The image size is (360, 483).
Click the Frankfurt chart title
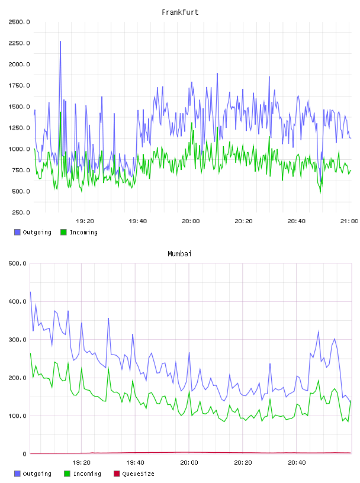tap(180, 12)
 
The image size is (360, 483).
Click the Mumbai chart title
tap(179, 254)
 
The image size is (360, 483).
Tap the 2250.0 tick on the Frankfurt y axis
tap(19, 43)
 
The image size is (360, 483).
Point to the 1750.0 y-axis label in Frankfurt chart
tap(19, 86)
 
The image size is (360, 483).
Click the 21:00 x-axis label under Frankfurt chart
tap(349, 221)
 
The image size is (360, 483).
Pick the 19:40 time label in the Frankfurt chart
tap(138, 221)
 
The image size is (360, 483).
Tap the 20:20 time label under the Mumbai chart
tap(243, 463)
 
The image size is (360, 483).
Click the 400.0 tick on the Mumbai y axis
tap(17, 301)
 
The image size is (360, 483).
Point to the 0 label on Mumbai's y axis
tap(25, 454)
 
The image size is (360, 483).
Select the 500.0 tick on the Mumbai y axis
tap(17, 263)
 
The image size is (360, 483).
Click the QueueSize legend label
tap(138, 474)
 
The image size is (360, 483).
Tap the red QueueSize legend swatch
tap(117, 474)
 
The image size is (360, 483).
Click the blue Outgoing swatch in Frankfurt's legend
tap(17, 232)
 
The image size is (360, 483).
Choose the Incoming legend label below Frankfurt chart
tap(83, 233)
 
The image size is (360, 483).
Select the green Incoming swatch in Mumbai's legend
tap(67, 474)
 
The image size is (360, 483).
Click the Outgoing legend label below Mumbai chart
tap(37, 474)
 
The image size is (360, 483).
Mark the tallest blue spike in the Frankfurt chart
tap(60, 41)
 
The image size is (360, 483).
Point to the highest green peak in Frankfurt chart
tap(60, 112)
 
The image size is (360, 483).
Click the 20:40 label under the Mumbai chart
tap(297, 463)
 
